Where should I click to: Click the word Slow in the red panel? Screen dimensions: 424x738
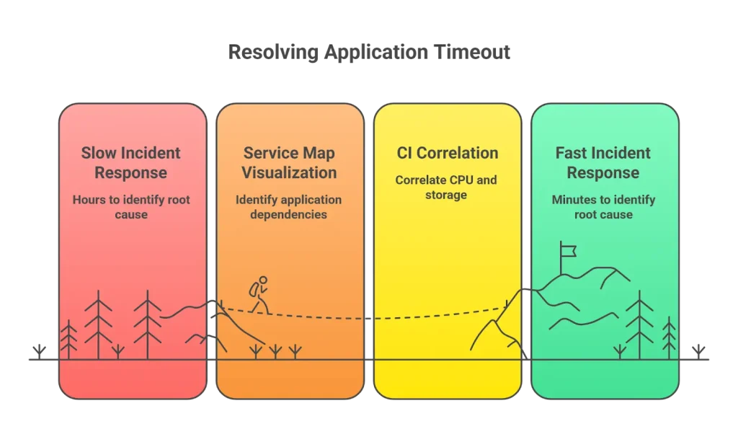pyautogui.click(x=97, y=153)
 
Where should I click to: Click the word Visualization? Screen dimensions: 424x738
pyautogui.click(x=289, y=173)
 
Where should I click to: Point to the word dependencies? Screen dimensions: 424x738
pyautogui.click(x=289, y=214)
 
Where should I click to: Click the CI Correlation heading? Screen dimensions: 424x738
pyautogui.click(x=447, y=153)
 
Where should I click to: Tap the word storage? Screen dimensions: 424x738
pyautogui.click(x=446, y=195)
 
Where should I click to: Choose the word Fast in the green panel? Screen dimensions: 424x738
pyautogui.click(x=572, y=153)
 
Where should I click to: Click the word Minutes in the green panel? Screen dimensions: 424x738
pyautogui.click(x=577, y=200)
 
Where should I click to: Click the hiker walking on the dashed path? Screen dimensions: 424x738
pyautogui.click(x=259, y=295)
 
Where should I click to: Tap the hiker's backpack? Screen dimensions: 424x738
pyautogui.click(x=254, y=289)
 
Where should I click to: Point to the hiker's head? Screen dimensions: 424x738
pyautogui.click(x=263, y=280)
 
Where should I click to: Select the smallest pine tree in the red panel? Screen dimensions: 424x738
pyautogui.click(x=68, y=339)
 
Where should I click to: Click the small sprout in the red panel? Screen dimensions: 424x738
pyautogui.click(x=118, y=351)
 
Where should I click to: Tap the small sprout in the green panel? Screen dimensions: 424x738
pyautogui.click(x=619, y=352)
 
